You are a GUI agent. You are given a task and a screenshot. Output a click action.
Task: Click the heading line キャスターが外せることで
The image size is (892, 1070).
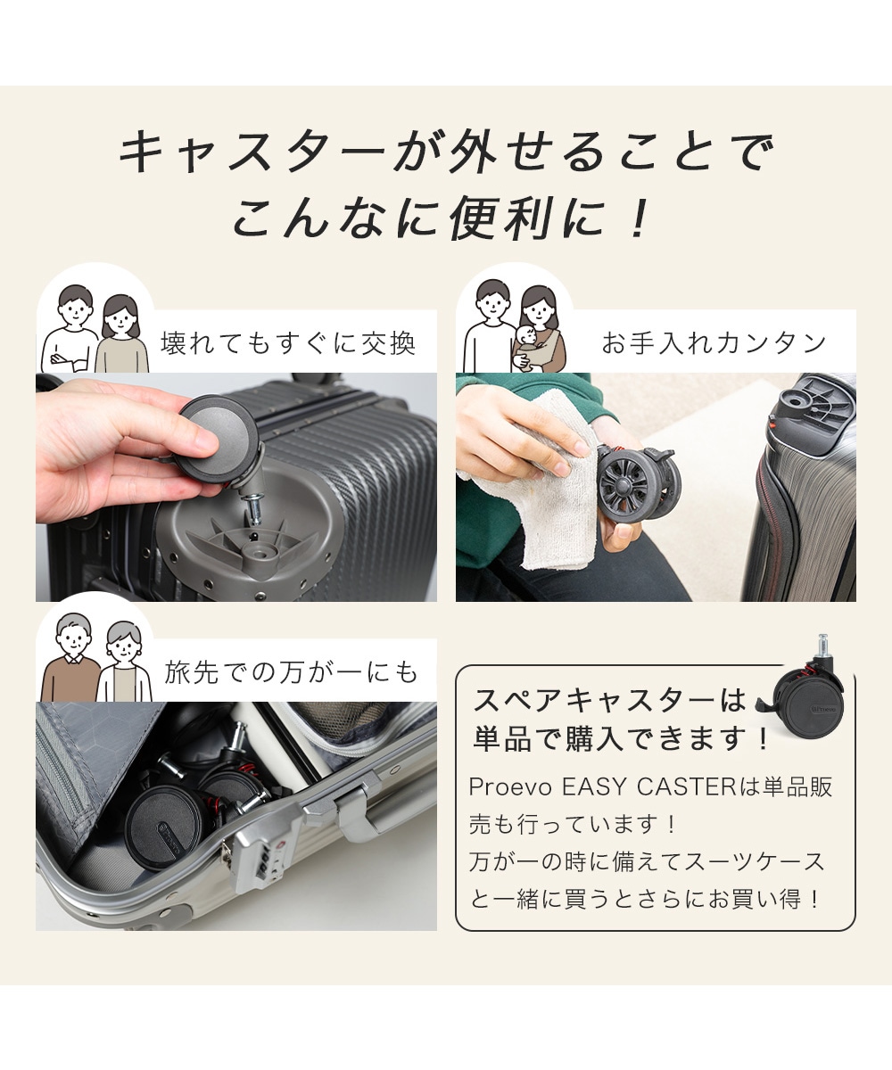[446, 152]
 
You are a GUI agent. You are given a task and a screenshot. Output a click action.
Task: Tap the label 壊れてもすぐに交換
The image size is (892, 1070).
[287, 342]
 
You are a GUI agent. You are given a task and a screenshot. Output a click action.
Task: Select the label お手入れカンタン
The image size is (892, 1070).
[714, 342]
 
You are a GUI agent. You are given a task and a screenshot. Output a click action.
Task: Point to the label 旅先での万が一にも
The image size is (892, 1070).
[291, 672]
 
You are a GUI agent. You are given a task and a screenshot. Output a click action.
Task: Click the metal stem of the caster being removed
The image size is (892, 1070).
[255, 507]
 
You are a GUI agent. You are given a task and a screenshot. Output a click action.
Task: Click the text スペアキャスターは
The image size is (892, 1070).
[609, 700]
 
